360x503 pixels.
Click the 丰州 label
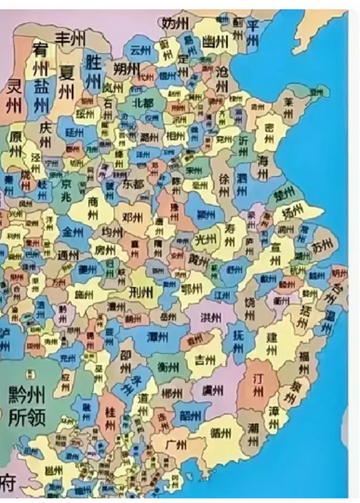pos(70,39)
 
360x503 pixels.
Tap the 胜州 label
pos(93,71)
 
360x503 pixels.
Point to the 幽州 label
pos(215,41)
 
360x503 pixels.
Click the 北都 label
pos(143,103)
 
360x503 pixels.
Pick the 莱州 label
pos(289,108)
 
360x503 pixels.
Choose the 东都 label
pos(133,184)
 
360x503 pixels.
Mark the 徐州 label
pos(224,185)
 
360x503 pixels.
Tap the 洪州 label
pos(211,317)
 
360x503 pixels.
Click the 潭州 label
pos(157,336)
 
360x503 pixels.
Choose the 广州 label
pos(175,445)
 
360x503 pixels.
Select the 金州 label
pos(73,232)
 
